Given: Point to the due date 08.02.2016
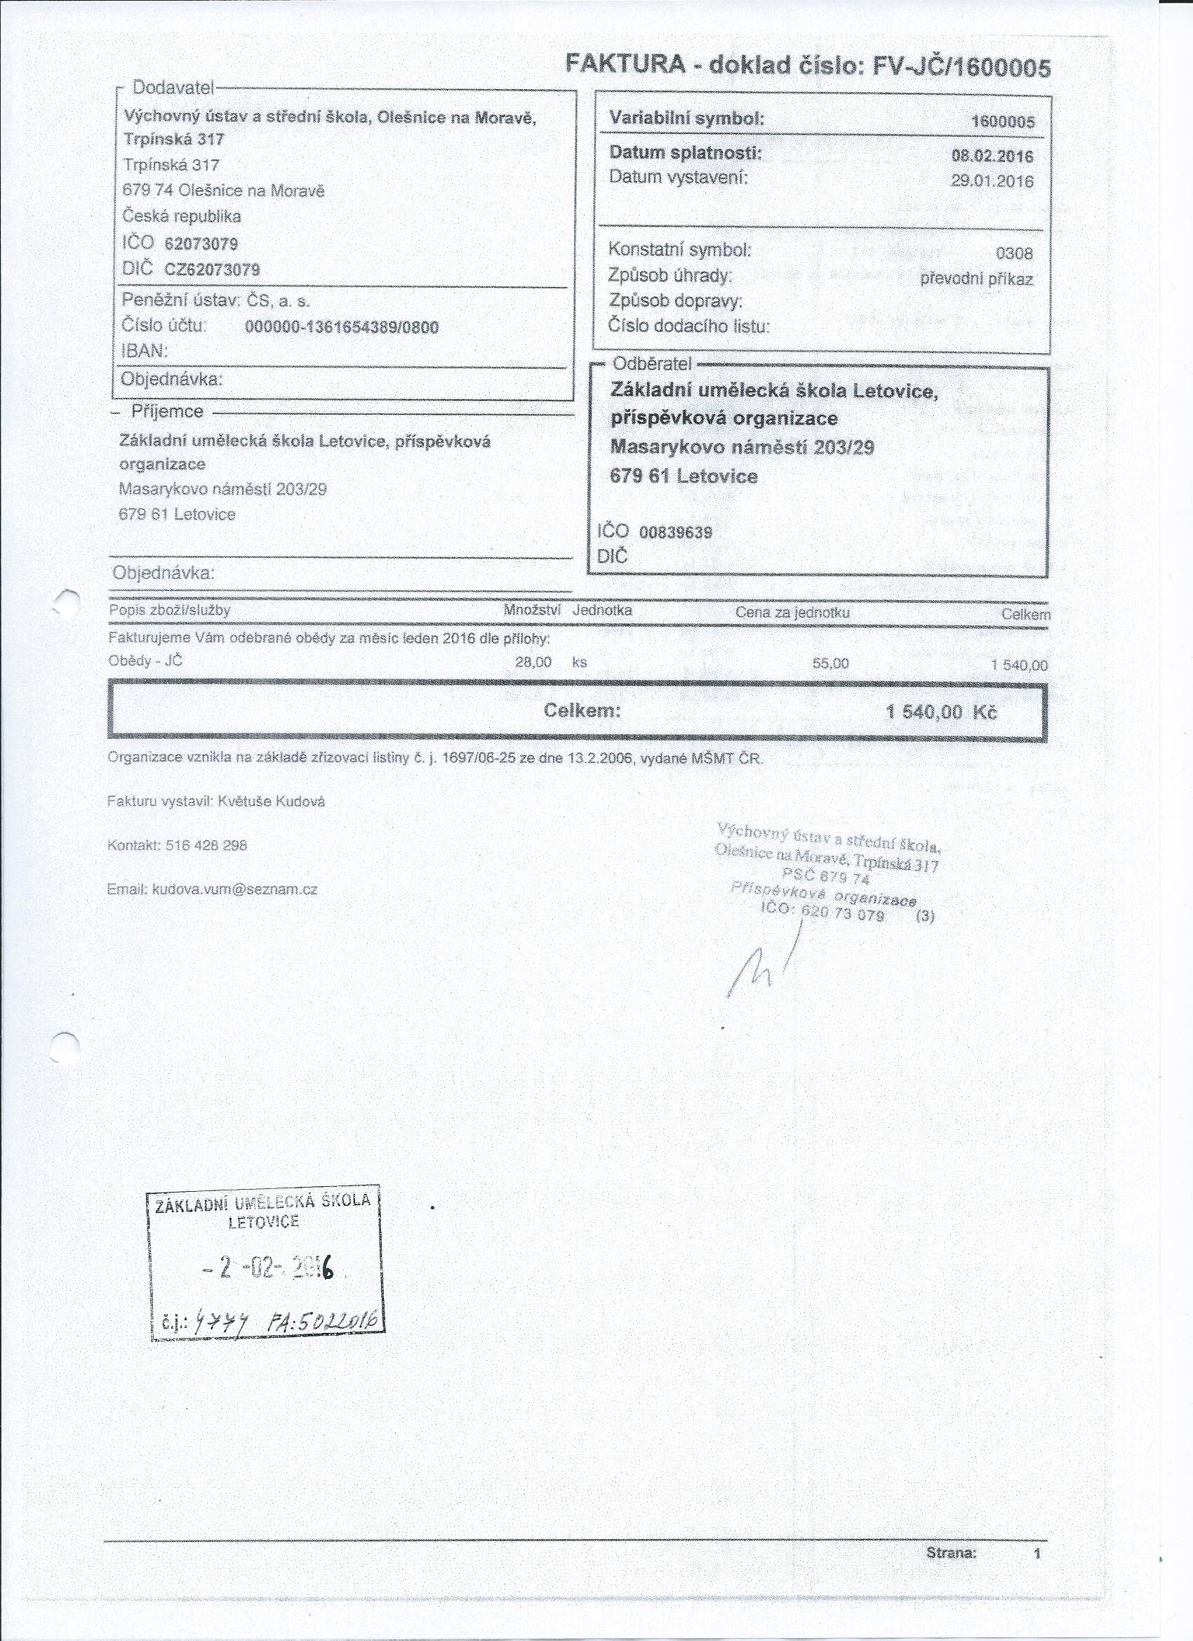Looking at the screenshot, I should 992,156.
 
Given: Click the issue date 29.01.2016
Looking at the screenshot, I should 992,181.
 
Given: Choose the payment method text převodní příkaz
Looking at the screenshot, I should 976,279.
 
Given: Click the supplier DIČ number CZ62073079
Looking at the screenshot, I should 212,270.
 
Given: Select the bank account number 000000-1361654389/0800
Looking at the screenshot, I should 342,327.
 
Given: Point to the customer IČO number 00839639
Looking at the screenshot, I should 676,533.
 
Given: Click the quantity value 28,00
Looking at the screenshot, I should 533,661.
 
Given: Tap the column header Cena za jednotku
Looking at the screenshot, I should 792,613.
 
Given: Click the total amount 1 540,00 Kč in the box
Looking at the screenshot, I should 941,712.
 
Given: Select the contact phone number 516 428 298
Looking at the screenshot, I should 206,845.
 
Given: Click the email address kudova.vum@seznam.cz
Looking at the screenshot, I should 234,889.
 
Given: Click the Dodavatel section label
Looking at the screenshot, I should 173,88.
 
